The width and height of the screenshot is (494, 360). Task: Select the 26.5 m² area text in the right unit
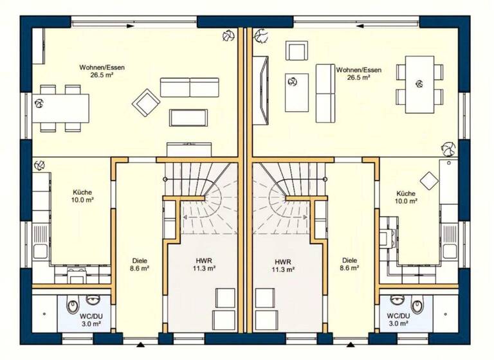click(358, 77)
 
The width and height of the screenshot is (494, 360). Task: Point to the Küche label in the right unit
click(406, 194)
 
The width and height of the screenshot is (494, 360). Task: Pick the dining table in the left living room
click(62, 108)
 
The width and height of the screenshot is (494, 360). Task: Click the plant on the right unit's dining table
click(419, 82)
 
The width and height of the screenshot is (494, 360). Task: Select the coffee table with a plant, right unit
click(297, 91)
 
